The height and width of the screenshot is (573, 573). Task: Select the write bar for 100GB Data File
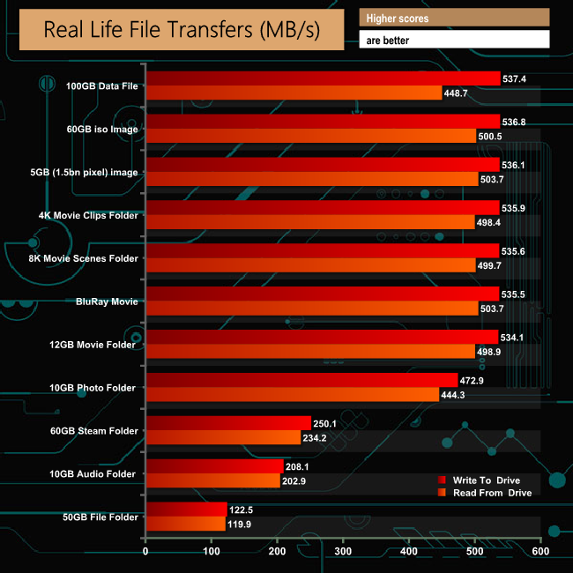(x=323, y=78)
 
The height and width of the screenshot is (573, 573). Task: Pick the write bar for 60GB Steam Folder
(x=228, y=422)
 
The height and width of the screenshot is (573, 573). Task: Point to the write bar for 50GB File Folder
(x=186, y=509)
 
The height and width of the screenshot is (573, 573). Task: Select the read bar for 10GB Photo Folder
(x=292, y=394)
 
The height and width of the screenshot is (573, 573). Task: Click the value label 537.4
(x=515, y=78)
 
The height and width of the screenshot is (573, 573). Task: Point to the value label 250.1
(x=326, y=422)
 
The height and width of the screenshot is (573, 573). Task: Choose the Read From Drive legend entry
(x=492, y=493)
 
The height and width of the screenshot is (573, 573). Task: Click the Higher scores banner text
(x=398, y=18)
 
